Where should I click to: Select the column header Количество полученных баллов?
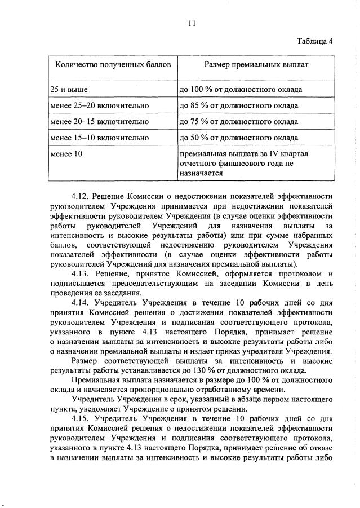[x=112, y=65]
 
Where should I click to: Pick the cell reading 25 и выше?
[x=69, y=90]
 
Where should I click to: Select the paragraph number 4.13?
[x=81, y=273]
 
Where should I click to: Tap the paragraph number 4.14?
[x=81, y=302]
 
